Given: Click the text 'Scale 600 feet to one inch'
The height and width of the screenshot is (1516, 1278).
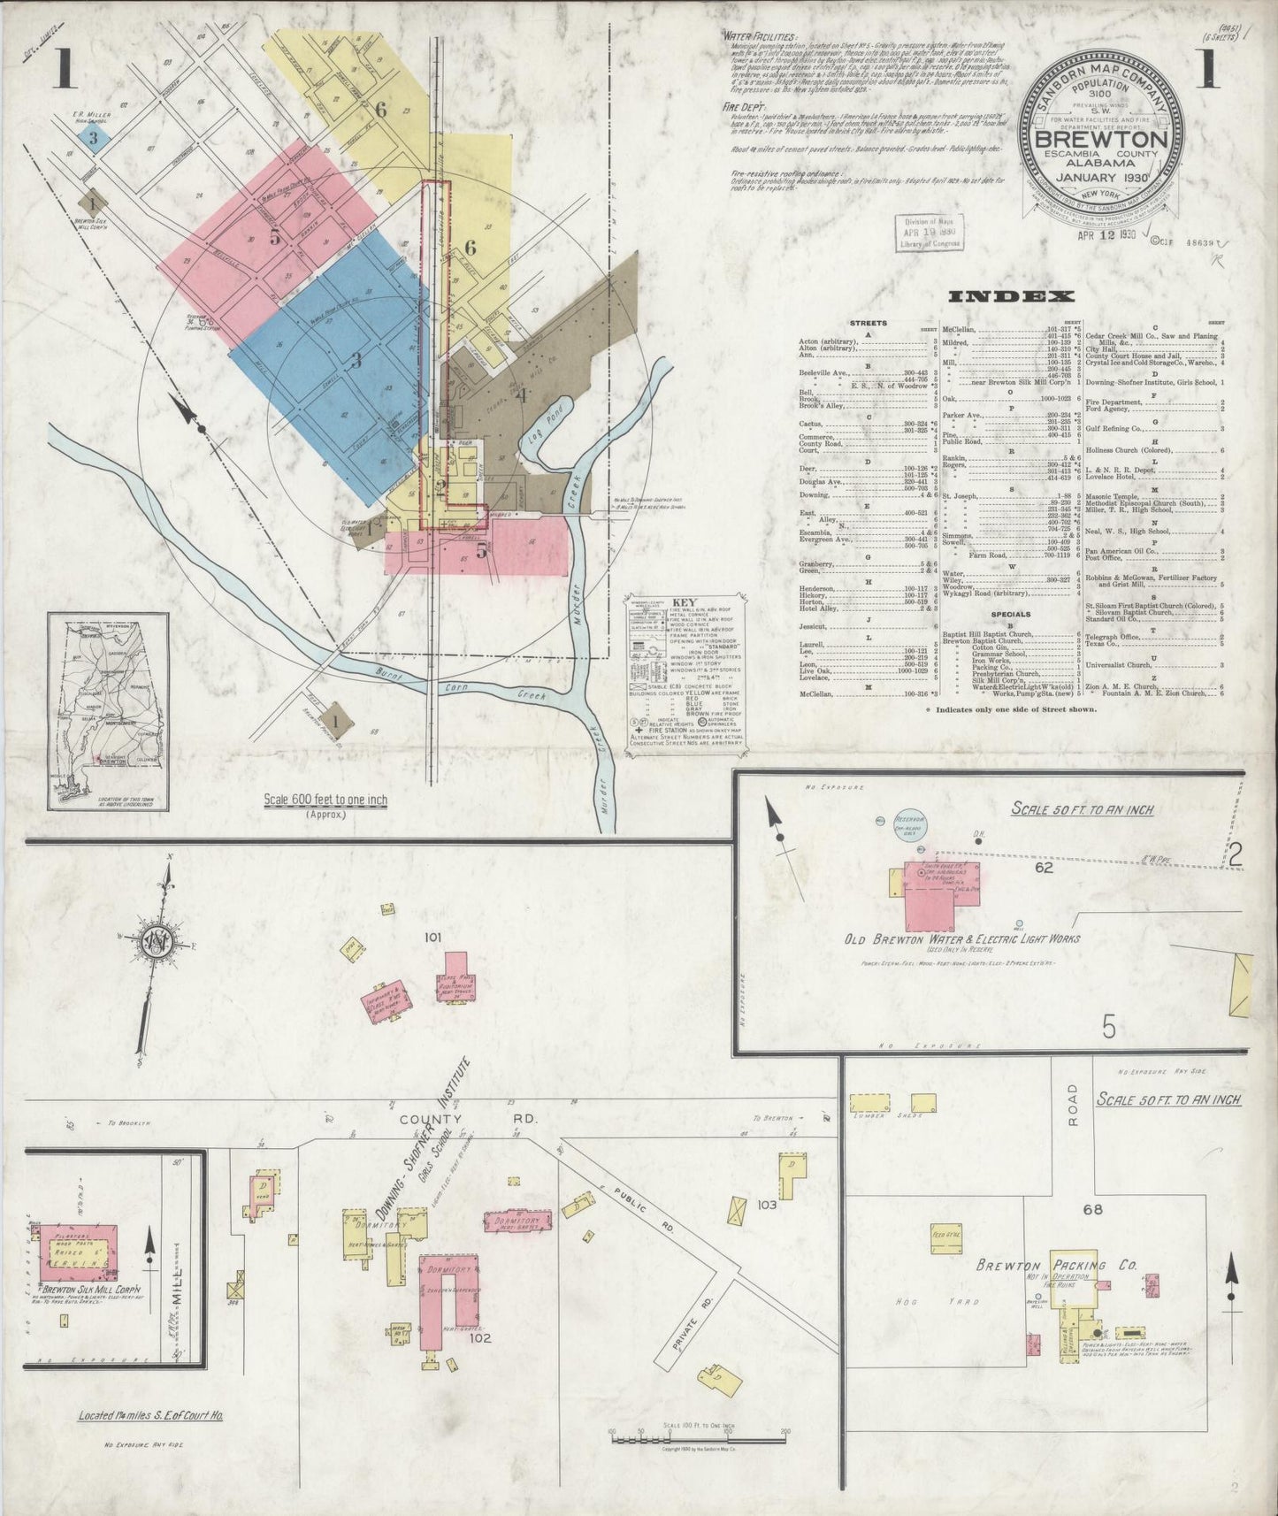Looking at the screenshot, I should pyautogui.click(x=325, y=800).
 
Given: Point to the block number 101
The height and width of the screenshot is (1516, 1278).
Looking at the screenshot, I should pyautogui.click(x=432, y=936).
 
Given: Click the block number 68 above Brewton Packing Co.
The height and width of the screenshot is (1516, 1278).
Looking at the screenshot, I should pyautogui.click(x=1093, y=1209).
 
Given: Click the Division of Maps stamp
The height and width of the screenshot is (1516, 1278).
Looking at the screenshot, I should pyautogui.click(x=929, y=234).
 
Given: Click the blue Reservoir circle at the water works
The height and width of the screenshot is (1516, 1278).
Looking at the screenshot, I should pyautogui.click(x=912, y=820).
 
